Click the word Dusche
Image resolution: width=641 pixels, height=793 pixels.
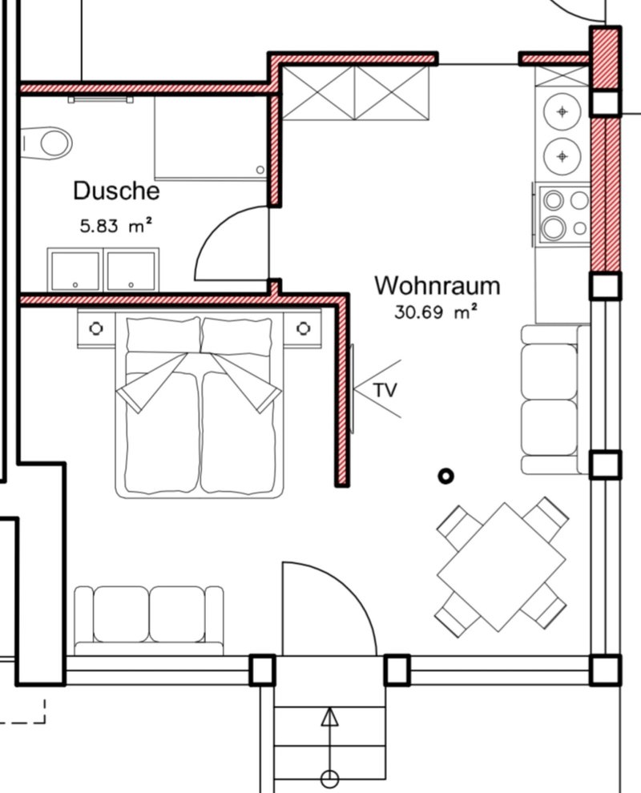click(116, 191)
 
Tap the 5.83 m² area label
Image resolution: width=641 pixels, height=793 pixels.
click(116, 225)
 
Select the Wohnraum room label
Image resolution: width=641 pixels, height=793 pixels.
click(437, 285)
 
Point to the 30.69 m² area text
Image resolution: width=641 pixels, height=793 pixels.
click(436, 312)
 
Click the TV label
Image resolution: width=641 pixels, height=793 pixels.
click(385, 390)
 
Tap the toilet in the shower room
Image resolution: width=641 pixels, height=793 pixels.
click(46, 143)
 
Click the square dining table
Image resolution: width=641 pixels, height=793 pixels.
click(502, 566)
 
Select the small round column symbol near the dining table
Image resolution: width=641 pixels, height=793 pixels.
click(445, 476)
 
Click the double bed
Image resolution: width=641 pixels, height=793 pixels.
click(200, 405)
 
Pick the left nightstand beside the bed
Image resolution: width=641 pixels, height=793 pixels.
click(96, 328)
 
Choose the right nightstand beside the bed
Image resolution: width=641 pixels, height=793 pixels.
click(303, 328)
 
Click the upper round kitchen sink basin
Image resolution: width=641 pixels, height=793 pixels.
click(562, 111)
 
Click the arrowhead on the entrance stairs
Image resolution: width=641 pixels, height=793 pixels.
click(330, 717)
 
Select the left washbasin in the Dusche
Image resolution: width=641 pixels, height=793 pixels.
click(75, 271)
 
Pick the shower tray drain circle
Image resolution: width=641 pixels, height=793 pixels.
click(260, 170)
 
